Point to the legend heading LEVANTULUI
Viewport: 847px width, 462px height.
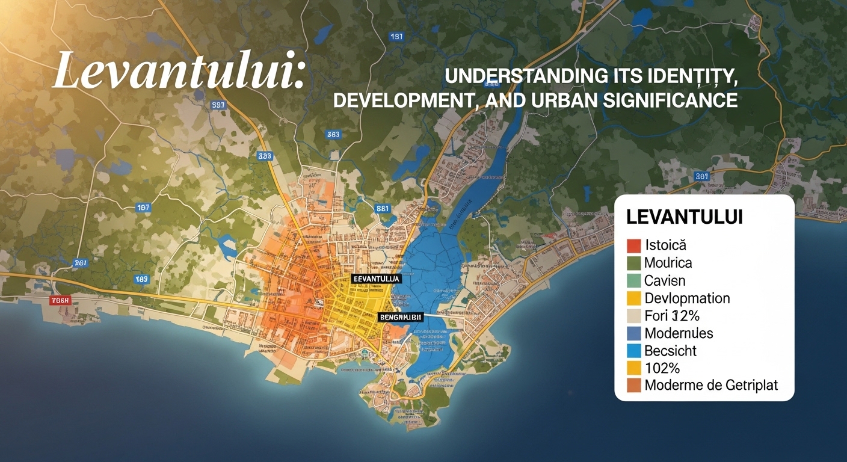(x=684, y=217)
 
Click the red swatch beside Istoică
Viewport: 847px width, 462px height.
(x=633, y=245)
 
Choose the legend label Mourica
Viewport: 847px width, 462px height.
(x=668, y=263)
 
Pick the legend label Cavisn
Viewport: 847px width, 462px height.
(x=665, y=280)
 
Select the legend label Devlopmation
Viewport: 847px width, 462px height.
(x=687, y=298)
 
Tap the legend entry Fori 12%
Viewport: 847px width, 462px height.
(x=671, y=315)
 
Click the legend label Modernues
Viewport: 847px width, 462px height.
(x=679, y=333)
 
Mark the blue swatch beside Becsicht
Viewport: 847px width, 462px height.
(x=633, y=351)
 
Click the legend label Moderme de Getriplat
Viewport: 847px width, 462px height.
(x=711, y=386)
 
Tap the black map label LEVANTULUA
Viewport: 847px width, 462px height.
(x=376, y=279)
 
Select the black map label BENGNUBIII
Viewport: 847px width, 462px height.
(x=400, y=316)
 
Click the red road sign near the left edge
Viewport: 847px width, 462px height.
(x=61, y=300)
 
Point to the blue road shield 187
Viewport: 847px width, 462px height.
(x=143, y=208)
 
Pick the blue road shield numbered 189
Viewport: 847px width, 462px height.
(x=141, y=279)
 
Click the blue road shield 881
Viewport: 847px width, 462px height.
(x=383, y=209)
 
